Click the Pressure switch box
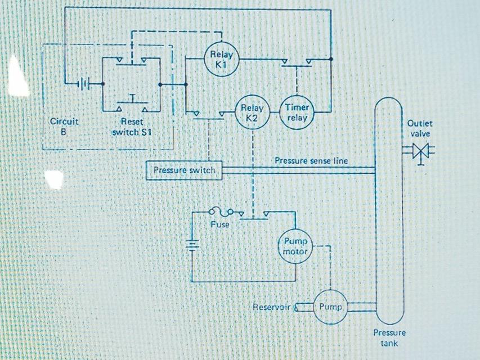184,170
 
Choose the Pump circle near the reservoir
330,307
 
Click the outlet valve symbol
419,151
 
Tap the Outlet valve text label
419,128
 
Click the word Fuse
220,224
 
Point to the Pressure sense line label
311,161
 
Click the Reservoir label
271,307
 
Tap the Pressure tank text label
389,337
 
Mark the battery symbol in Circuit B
83,84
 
